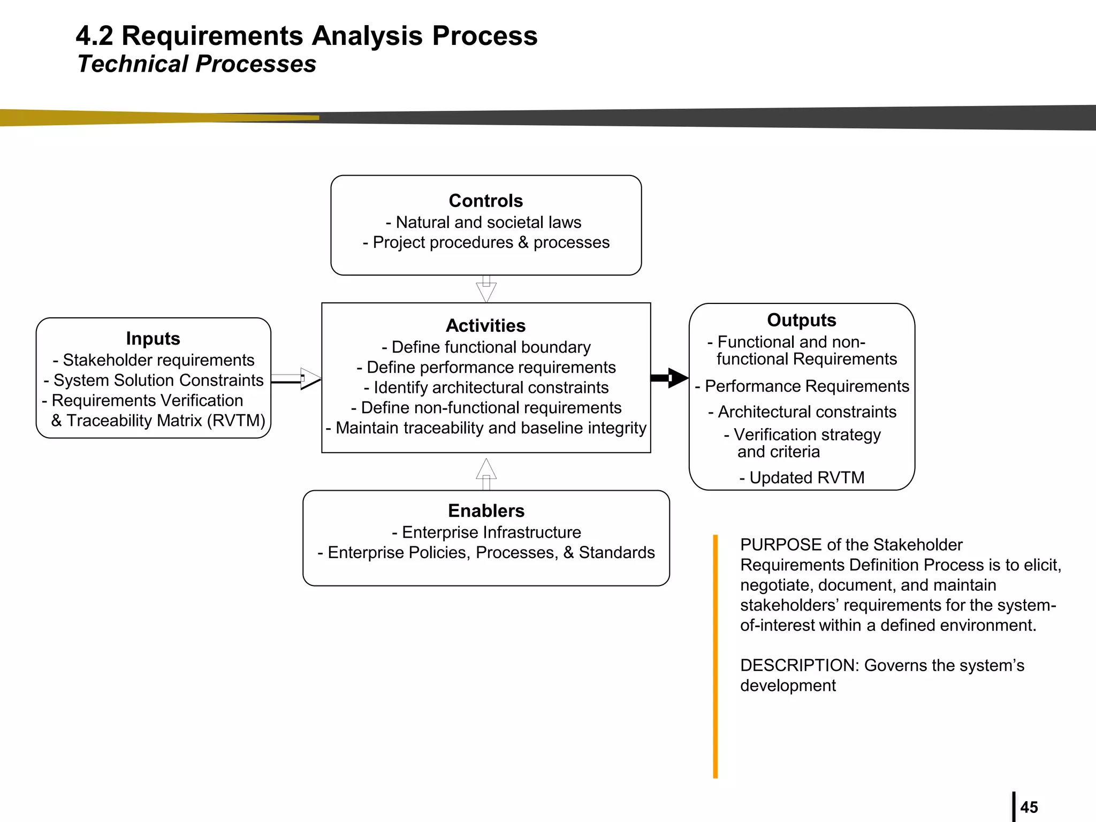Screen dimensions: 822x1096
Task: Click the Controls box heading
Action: (485, 201)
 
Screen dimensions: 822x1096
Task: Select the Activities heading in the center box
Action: (485, 325)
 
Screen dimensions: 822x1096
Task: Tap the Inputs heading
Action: (153, 338)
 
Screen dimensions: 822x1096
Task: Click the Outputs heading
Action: (801, 320)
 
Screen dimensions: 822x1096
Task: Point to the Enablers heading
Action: (486, 511)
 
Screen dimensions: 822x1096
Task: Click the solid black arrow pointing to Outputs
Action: (670, 378)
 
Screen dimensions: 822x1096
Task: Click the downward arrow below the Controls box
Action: (486, 290)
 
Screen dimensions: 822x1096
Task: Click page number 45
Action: (1029, 807)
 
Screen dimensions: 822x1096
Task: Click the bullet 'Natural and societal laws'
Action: (484, 222)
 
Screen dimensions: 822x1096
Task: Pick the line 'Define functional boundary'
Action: (486, 347)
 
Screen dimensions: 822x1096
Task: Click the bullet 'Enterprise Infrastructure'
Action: (486, 532)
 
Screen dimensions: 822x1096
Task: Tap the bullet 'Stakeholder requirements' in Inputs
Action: (154, 360)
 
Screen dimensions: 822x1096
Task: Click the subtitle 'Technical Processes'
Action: (196, 64)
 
